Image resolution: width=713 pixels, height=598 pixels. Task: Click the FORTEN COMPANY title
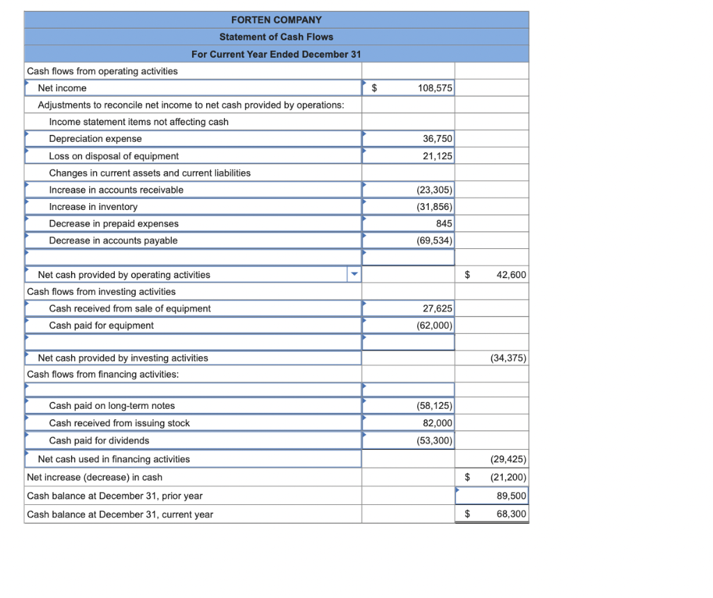click(276, 19)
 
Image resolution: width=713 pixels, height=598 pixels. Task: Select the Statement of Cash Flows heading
click(276, 37)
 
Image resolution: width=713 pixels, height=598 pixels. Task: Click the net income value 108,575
click(434, 88)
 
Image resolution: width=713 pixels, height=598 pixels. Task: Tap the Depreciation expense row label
click(95, 139)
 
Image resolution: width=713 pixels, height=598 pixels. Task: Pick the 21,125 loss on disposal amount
click(437, 156)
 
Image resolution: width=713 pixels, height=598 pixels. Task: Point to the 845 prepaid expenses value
click(444, 224)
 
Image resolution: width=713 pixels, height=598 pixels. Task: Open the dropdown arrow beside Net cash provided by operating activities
click(354, 275)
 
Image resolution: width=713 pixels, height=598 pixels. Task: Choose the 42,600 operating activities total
click(511, 275)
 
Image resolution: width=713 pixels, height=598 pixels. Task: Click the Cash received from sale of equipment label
click(130, 309)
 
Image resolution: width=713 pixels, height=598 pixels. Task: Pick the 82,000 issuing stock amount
click(437, 423)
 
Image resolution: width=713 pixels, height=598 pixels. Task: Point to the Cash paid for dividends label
click(99, 441)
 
